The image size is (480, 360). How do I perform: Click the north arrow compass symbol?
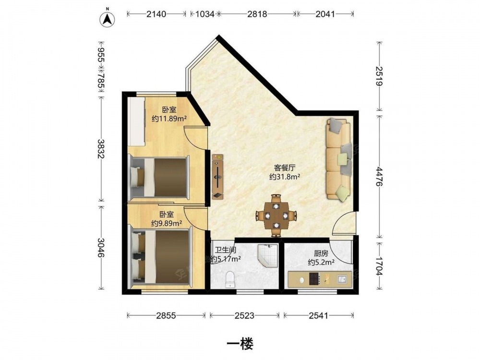pyautogui.click(x=107, y=19)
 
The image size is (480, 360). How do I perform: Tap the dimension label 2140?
pyautogui.click(x=156, y=14)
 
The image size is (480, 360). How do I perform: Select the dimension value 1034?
pyautogui.click(x=204, y=14)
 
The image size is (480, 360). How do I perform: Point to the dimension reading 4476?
pyautogui.click(x=380, y=177)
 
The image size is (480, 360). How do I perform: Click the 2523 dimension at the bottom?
pyautogui.click(x=244, y=315)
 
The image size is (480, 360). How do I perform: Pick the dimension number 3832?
pyautogui.click(x=101, y=149)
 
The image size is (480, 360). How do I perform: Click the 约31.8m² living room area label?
pyautogui.click(x=284, y=177)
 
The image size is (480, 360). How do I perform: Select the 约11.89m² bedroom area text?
pyautogui.click(x=169, y=119)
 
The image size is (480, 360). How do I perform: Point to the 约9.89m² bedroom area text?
pyautogui.click(x=167, y=224)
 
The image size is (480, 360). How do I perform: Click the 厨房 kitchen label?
pyautogui.click(x=321, y=253)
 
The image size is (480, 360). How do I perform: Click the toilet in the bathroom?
pyautogui.click(x=230, y=279)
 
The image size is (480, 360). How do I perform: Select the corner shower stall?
pyautogui.click(x=268, y=255)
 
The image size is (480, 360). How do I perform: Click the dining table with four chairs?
pyautogui.click(x=276, y=216)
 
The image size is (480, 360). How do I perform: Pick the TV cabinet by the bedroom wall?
pyautogui.click(x=218, y=177)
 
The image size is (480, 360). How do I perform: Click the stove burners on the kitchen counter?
pyautogui.click(x=313, y=278)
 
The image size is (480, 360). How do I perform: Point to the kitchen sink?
pyautogui.click(x=342, y=279)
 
